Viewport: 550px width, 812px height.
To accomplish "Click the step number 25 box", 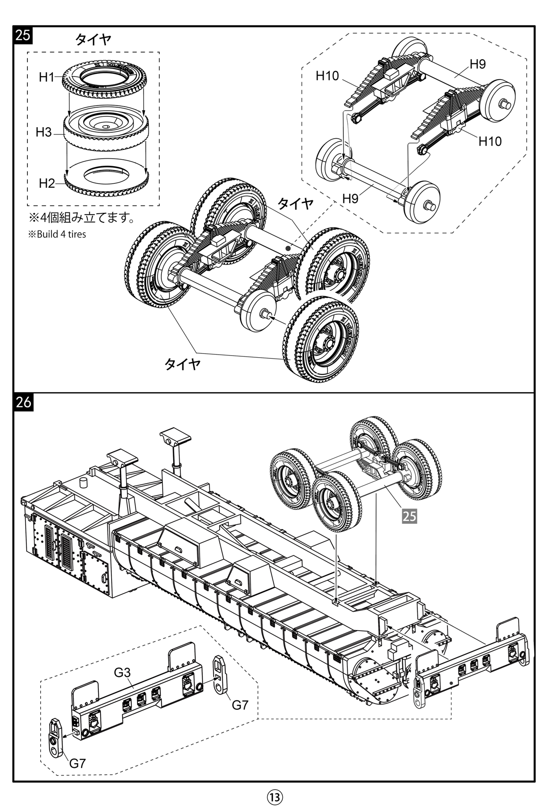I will click(23, 35).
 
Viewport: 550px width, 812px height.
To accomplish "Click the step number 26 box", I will click(23, 401).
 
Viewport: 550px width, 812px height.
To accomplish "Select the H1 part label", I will click(46, 77).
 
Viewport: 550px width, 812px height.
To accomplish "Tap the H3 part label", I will click(43, 132).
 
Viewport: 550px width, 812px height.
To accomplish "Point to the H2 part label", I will click(46, 183).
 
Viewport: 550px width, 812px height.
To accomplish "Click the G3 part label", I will click(122, 673).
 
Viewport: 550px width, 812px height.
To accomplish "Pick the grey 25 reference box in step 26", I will click(409, 516).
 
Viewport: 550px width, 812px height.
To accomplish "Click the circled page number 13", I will click(275, 797).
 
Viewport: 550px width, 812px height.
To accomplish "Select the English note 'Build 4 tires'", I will click(57, 235).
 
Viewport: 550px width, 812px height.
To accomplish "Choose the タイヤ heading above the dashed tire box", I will click(93, 40).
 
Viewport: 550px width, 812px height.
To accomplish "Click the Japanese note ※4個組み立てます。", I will click(81, 217).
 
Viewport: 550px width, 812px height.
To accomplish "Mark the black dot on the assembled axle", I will click(288, 248).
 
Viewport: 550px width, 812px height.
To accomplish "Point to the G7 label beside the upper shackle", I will click(240, 705).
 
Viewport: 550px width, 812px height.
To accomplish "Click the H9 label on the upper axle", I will click(477, 64).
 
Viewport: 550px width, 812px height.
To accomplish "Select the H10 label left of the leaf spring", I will click(327, 75).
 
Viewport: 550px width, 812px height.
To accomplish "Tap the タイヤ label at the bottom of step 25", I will click(183, 364).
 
